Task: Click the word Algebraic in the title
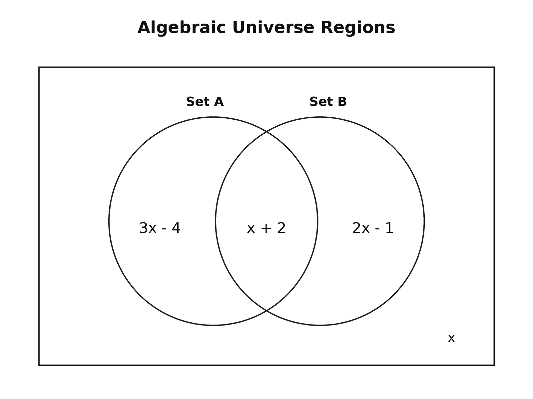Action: (x=182, y=28)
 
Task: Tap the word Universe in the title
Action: (x=273, y=27)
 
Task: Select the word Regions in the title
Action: (x=358, y=28)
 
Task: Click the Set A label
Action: (x=205, y=101)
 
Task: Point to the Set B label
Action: (x=328, y=101)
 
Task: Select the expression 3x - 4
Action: (x=160, y=228)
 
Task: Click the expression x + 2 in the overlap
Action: (x=266, y=228)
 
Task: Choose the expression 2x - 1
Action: (x=372, y=228)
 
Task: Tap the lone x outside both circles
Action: (x=451, y=338)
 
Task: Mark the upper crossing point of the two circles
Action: (x=266, y=132)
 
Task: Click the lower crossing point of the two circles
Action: (x=266, y=310)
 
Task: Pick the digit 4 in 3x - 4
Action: (x=176, y=228)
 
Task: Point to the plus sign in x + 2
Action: (x=266, y=228)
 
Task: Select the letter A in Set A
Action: (x=219, y=101)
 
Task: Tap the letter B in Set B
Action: (x=342, y=101)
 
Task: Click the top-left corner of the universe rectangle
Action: (x=39, y=67)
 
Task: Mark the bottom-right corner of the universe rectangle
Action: (x=494, y=365)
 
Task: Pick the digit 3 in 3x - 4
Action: (x=144, y=228)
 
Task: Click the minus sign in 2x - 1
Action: (x=377, y=229)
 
